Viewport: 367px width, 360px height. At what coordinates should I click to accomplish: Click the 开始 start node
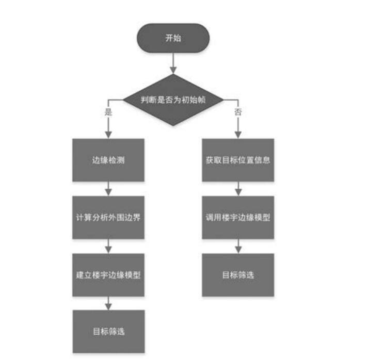click(173, 38)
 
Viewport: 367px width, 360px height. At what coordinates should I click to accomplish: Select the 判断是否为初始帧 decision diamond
click(173, 100)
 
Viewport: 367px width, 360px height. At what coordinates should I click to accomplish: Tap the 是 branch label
click(108, 112)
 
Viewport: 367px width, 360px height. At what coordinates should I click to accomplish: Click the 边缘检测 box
click(108, 160)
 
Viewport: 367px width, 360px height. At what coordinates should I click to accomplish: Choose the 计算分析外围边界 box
click(108, 217)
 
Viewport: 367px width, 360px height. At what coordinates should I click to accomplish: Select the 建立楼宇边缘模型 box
click(108, 274)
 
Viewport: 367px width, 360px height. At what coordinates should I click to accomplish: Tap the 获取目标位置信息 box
click(237, 160)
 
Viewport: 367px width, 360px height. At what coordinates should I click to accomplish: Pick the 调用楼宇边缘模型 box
click(237, 217)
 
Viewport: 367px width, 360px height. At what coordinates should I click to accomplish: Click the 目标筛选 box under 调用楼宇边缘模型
click(237, 274)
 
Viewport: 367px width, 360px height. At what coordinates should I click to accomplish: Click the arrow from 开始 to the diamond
click(173, 63)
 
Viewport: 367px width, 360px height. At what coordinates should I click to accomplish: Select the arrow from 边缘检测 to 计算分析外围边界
click(108, 188)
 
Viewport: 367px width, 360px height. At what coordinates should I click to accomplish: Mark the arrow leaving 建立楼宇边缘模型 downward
click(108, 303)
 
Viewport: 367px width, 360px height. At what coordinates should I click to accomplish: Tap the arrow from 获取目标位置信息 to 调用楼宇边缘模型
click(237, 188)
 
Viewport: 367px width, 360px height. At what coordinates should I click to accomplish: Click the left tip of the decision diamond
click(122, 100)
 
